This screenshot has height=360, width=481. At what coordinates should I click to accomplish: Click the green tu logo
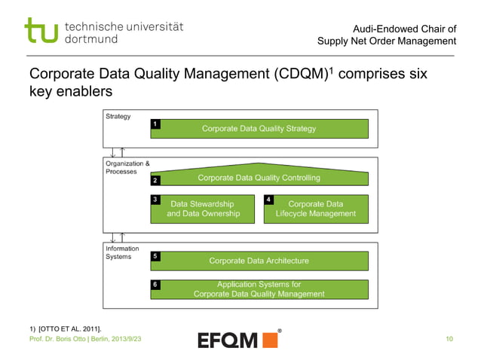click(x=41, y=31)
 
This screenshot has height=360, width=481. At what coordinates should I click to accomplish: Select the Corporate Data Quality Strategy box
click(x=259, y=129)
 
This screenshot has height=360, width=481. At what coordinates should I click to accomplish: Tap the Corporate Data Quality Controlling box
click(x=259, y=178)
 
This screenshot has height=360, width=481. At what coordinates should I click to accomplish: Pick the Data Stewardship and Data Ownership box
click(x=204, y=209)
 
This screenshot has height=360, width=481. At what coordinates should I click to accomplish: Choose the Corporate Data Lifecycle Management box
click(x=315, y=209)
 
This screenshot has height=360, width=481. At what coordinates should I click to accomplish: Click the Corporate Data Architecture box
click(x=259, y=261)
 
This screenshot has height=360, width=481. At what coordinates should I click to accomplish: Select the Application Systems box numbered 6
click(x=259, y=289)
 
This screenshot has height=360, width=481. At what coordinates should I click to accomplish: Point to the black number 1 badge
click(x=155, y=123)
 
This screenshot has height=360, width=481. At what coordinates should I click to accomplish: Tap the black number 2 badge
click(x=155, y=181)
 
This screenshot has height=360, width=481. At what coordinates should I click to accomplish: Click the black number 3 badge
click(x=155, y=200)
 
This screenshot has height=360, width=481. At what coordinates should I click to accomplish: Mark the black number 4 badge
click(x=268, y=200)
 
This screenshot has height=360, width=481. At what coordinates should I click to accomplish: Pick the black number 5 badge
click(x=155, y=256)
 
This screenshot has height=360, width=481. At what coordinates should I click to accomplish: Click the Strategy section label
click(x=118, y=117)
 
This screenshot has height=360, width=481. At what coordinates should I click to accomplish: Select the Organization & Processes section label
click(x=127, y=167)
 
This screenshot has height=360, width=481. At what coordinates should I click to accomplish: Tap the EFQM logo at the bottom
click(x=238, y=340)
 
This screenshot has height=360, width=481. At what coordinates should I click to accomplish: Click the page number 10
click(x=449, y=340)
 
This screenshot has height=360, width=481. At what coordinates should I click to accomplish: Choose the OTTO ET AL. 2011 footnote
click(x=65, y=328)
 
